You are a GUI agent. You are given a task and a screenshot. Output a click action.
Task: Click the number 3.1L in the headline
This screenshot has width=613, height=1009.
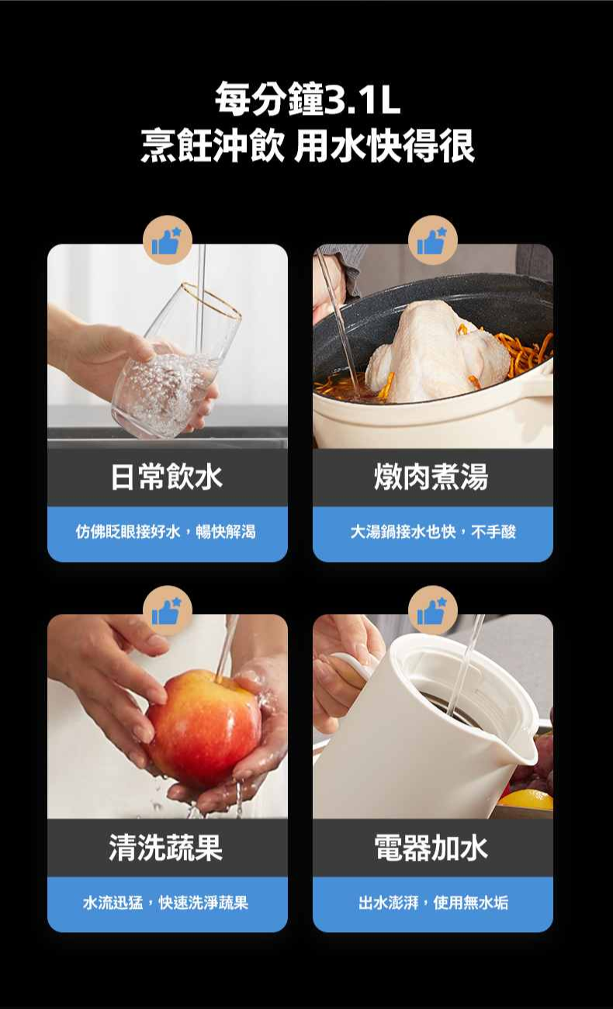(362, 100)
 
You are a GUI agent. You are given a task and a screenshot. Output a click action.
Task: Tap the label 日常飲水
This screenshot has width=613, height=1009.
(167, 477)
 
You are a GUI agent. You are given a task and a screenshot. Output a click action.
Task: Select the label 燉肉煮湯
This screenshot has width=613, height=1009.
(431, 477)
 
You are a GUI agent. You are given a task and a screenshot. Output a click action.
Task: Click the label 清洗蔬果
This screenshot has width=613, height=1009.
(166, 847)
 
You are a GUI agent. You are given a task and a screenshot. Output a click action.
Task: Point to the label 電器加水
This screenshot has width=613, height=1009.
(431, 847)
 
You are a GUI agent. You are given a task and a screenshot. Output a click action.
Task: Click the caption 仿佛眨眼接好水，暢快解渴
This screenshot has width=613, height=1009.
(166, 532)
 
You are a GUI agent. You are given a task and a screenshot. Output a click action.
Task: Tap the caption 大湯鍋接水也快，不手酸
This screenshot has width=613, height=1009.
(433, 532)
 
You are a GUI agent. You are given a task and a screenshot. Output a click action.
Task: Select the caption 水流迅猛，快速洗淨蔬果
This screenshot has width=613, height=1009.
(166, 902)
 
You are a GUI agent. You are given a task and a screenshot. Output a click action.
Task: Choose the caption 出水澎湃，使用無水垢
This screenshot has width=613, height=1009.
(433, 902)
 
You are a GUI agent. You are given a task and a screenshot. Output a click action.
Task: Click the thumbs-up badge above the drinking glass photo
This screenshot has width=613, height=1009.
(168, 240)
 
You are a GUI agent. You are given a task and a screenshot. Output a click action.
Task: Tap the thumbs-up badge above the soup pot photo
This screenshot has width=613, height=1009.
(433, 240)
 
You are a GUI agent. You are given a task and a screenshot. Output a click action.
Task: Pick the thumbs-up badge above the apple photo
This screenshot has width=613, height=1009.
(168, 610)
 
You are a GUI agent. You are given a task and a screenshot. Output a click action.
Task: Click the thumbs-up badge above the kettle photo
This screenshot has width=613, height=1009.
(433, 610)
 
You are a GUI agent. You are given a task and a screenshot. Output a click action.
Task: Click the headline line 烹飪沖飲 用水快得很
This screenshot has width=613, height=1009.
(307, 146)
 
